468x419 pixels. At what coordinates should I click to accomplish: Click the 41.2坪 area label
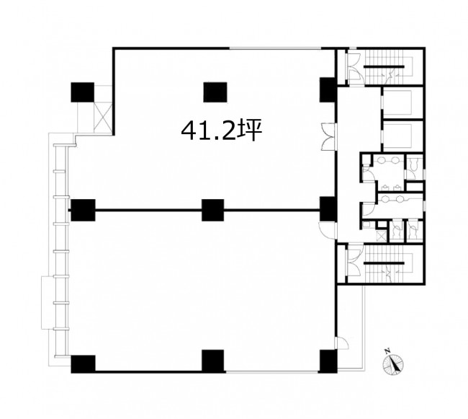222,131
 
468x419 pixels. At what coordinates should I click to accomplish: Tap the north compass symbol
393,363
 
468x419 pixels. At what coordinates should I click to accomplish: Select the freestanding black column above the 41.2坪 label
215,92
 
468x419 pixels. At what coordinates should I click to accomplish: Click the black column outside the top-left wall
83,92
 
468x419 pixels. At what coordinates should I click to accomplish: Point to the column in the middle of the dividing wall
213,210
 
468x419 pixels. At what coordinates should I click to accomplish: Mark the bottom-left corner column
84,364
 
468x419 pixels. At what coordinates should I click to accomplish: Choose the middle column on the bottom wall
213,361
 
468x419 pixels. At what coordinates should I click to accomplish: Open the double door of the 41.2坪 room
328,136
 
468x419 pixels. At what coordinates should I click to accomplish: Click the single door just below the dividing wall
327,230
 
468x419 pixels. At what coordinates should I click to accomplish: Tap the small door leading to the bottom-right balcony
341,343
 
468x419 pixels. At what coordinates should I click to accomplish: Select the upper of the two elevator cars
397,102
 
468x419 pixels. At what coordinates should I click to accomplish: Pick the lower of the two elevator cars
397,136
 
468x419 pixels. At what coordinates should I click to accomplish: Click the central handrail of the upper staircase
384,66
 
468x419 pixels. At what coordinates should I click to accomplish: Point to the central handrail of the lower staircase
384,263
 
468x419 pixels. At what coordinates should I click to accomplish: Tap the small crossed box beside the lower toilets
382,236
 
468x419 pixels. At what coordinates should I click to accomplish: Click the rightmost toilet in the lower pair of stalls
413,230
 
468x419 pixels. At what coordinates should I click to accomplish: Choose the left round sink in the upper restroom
381,160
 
